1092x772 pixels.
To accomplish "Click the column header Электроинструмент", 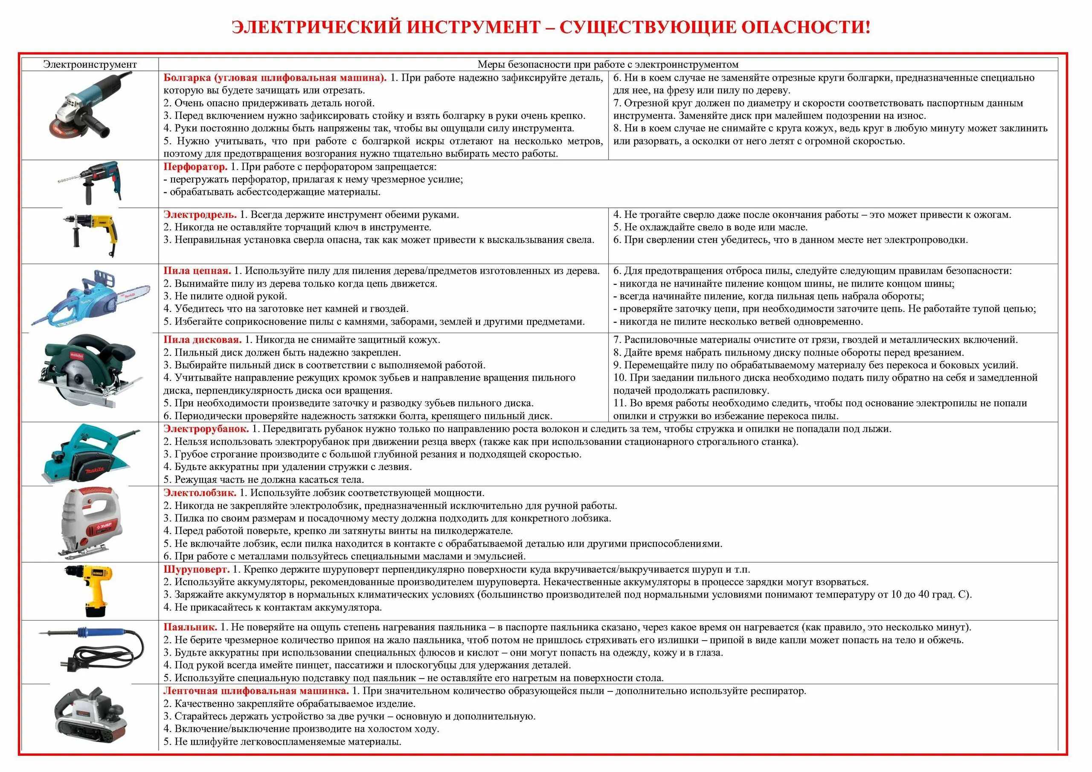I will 90,64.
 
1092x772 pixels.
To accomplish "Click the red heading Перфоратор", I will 195,167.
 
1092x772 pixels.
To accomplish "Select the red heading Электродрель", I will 200,215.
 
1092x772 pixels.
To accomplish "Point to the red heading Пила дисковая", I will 202,340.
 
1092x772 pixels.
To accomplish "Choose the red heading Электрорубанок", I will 206,429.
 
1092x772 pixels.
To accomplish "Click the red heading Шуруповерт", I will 196,569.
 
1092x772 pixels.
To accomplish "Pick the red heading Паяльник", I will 190,627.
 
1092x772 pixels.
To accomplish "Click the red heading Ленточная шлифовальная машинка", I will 256,691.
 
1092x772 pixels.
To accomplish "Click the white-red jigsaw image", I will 90,523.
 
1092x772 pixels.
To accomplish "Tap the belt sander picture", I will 90,718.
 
